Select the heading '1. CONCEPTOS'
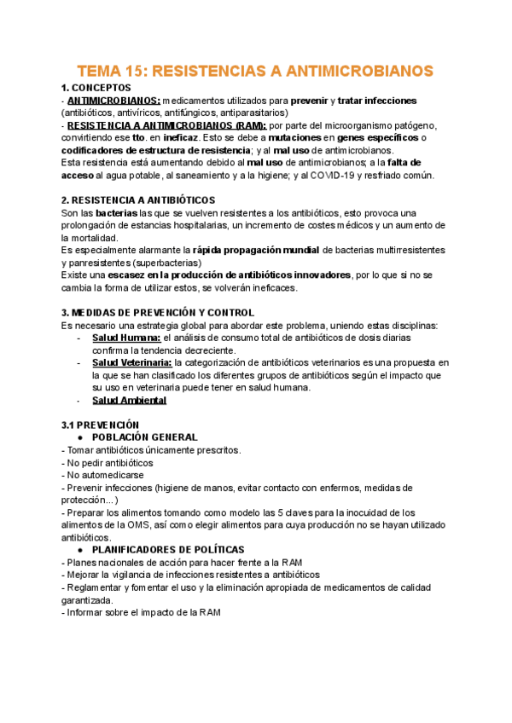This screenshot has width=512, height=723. [x=96, y=88]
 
